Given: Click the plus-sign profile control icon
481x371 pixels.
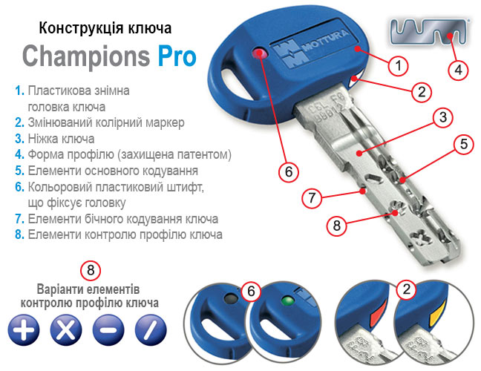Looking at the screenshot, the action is pyautogui.click(x=24, y=330).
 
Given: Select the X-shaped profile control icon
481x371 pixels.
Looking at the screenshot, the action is pyautogui.click(x=66, y=330).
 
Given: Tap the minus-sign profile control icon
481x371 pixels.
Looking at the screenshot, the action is pyautogui.click(x=108, y=330).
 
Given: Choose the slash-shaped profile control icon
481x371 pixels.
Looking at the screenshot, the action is pyautogui.click(x=151, y=330).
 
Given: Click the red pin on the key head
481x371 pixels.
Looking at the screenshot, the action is pyautogui.click(x=259, y=53).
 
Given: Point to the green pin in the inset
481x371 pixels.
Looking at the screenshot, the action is pyautogui.click(x=288, y=301).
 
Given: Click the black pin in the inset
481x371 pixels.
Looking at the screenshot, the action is pyautogui.click(x=231, y=298).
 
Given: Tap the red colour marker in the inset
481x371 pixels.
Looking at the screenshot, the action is pyautogui.click(x=378, y=315).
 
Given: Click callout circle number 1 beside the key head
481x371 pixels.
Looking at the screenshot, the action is pyautogui.click(x=398, y=65).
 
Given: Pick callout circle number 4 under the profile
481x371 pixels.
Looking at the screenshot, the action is pyautogui.click(x=458, y=70).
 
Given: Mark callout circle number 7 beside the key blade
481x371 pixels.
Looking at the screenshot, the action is pyautogui.click(x=312, y=198).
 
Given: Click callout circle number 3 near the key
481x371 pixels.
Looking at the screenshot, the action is pyautogui.click(x=442, y=117).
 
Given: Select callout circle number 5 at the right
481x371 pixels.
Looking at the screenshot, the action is pyautogui.click(x=464, y=144).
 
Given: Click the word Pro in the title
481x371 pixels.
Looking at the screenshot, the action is pyautogui.click(x=177, y=56).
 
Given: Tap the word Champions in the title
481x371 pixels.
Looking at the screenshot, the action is pyautogui.click(x=86, y=56).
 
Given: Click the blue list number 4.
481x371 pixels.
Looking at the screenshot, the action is pyautogui.click(x=19, y=154).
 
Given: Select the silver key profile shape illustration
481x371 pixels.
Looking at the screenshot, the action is pyautogui.click(x=429, y=31).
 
